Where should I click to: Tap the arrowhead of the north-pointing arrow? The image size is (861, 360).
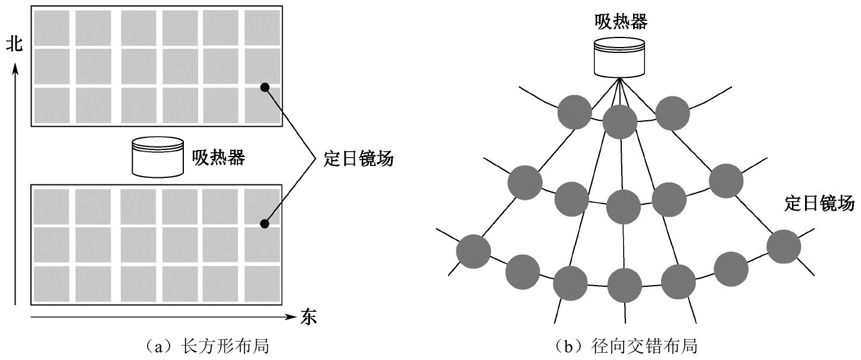[x=16, y=68]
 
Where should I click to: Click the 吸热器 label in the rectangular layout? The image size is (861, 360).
[x=218, y=158]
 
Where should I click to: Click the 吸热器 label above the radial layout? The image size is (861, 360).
[x=621, y=22]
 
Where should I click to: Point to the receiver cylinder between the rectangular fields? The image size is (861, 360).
[x=158, y=158]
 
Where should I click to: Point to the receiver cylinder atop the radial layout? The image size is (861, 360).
[x=619, y=58]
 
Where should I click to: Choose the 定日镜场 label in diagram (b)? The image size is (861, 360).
[x=819, y=202]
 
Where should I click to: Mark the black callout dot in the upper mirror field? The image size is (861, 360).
[x=265, y=87]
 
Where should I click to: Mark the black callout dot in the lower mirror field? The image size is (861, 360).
[x=265, y=224]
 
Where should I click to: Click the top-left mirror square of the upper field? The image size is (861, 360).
[x=51, y=28]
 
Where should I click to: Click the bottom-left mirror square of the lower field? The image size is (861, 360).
[x=51, y=284]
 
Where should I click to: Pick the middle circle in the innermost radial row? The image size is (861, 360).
[x=620, y=122]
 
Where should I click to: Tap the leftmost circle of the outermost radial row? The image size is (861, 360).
[x=474, y=251]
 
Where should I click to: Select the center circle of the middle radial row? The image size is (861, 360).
[x=624, y=206]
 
